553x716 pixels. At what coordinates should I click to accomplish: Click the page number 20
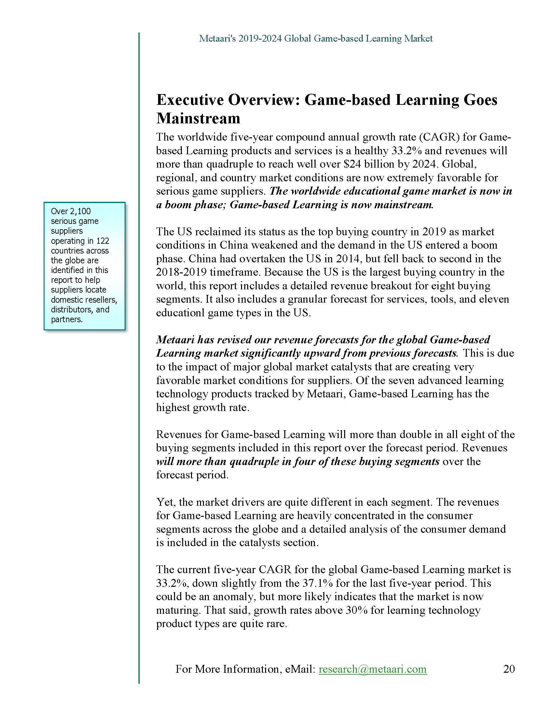coord(509,668)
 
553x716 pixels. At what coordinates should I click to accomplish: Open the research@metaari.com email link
coord(372,669)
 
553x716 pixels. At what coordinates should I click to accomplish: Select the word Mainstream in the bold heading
coord(198,118)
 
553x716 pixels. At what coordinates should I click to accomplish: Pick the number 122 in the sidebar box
coord(102,241)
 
